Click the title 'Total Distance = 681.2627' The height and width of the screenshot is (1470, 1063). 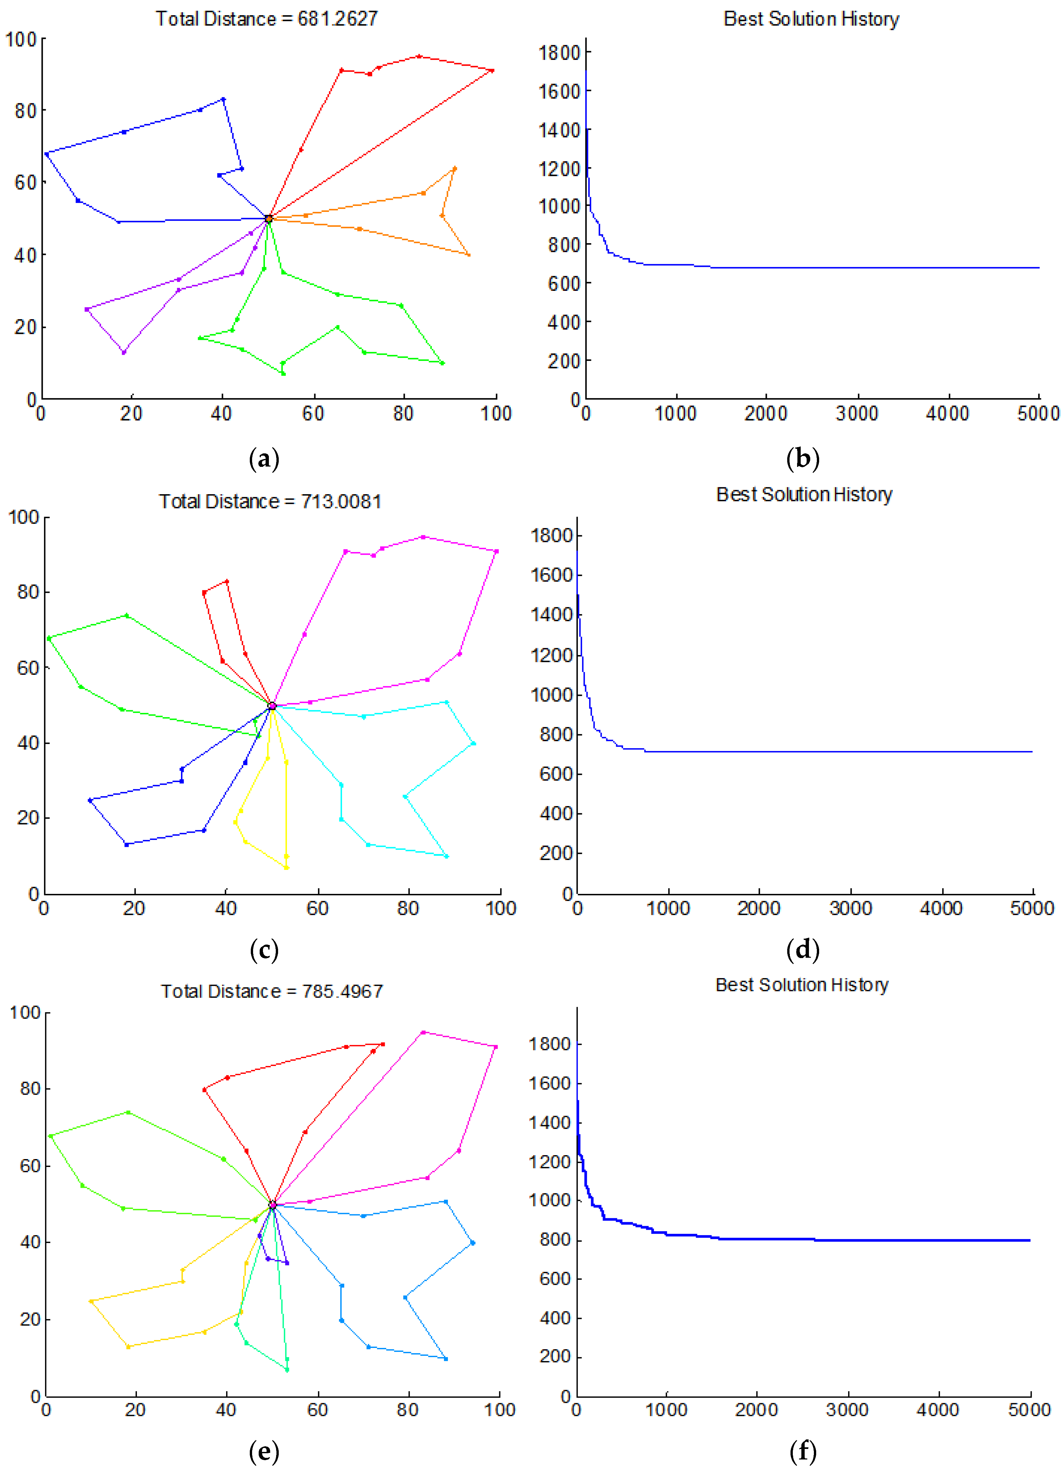(266, 19)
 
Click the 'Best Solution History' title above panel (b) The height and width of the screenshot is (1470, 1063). (811, 19)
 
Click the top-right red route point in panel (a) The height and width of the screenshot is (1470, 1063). (492, 71)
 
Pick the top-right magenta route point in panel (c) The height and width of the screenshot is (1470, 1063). (497, 551)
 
